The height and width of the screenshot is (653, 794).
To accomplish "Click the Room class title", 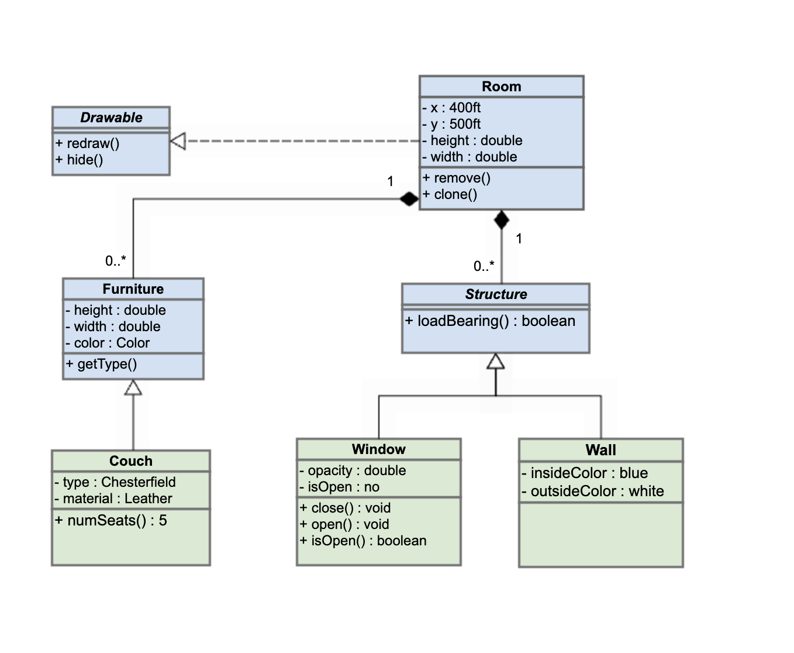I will [501, 87].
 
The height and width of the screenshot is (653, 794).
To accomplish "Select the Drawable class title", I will [111, 118].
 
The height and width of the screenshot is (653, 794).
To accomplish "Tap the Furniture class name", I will [133, 289].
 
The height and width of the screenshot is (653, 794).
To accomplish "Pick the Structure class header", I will [496, 294].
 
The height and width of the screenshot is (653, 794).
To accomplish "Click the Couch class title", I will [130, 461].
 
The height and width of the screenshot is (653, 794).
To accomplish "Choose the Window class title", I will [378, 449].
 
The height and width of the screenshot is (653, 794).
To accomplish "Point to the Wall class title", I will [600, 450].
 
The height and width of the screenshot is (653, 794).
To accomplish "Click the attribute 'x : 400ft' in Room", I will [451, 108].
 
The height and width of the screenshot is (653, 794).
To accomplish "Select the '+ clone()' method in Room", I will [450, 194].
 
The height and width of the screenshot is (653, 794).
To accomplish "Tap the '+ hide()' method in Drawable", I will [80, 160].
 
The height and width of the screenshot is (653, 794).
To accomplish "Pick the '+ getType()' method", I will [101, 364].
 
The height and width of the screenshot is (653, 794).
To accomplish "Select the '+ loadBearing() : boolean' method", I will [490, 321].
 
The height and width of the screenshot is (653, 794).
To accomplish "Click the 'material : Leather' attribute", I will [113, 499].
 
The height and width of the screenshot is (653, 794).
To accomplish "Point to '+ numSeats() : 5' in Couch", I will [111, 520].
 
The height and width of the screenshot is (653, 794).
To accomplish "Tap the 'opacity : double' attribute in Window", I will [353, 470].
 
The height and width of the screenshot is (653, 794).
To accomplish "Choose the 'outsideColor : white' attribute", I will [593, 491].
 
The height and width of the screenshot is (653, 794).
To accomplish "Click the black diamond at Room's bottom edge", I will [501, 220].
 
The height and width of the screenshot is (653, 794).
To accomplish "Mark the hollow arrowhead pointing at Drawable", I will [178, 141].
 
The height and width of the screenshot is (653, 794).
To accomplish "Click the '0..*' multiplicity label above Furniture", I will [115, 261].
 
